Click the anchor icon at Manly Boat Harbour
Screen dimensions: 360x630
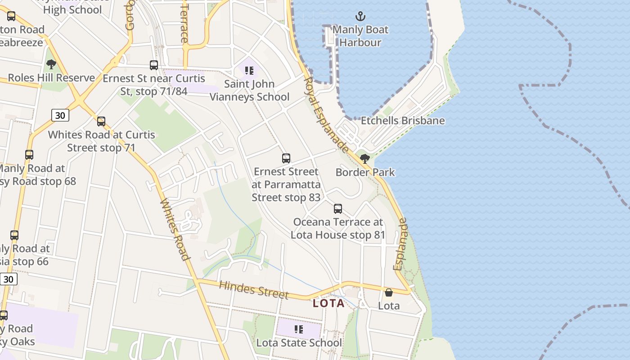tap(360, 17)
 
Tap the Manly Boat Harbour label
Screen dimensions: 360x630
tap(360, 36)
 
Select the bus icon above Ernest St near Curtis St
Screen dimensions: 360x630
tap(154, 65)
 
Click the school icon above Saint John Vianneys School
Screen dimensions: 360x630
tap(249, 71)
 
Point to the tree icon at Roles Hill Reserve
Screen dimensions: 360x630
tap(51, 64)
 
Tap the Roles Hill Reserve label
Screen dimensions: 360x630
tap(51, 77)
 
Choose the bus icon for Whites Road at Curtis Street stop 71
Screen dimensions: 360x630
tap(101, 121)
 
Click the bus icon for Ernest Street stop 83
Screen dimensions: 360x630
tap(286, 158)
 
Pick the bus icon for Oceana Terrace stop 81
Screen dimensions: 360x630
tap(338, 209)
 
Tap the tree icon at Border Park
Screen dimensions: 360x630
tap(365, 158)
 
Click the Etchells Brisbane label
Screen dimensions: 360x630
tap(403, 121)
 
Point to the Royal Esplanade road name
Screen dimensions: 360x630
tap(326, 115)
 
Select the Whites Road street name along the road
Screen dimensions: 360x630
tap(174, 229)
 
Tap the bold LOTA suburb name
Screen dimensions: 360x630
tap(328, 303)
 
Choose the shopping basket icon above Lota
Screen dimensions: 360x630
tap(389, 293)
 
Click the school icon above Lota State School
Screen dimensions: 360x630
tap(298, 330)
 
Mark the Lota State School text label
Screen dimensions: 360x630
tap(299, 342)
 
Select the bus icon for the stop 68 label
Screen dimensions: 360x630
tap(29, 155)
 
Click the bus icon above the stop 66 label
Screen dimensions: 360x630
tap(14, 235)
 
